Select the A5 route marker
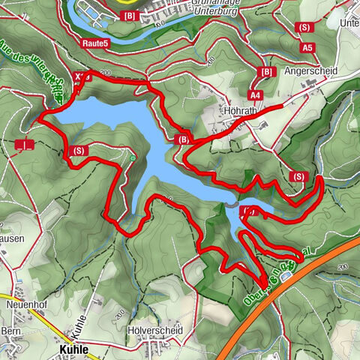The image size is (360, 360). [307, 46]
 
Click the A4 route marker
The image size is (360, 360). [255, 96]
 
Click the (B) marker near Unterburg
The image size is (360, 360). [130, 16]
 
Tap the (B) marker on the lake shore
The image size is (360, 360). [183, 139]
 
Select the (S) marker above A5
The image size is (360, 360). [304, 28]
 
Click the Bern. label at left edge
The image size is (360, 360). [10, 331]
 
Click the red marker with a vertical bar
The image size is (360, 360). [25, 143]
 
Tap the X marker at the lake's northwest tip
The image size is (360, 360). [82, 76]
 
